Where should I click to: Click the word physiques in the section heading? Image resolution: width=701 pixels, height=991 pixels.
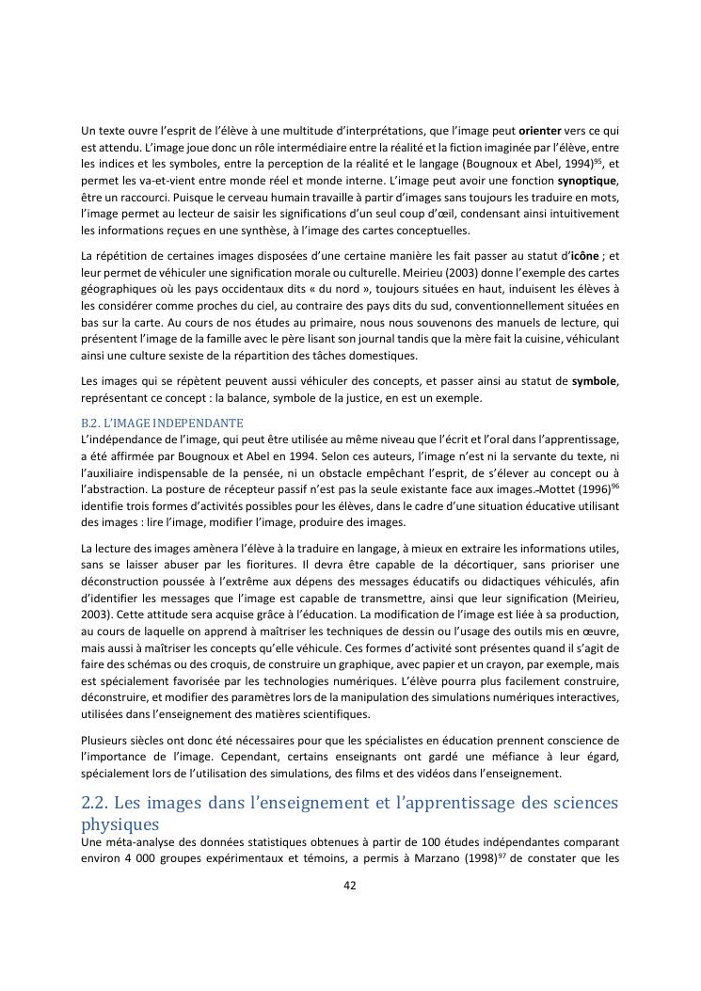(x=118, y=824)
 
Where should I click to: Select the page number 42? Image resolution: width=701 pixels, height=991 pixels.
(x=350, y=885)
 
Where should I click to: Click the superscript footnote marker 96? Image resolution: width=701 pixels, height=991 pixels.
(x=614, y=487)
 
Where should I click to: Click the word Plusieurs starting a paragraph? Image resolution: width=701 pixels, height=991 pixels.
(x=107, y=740)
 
